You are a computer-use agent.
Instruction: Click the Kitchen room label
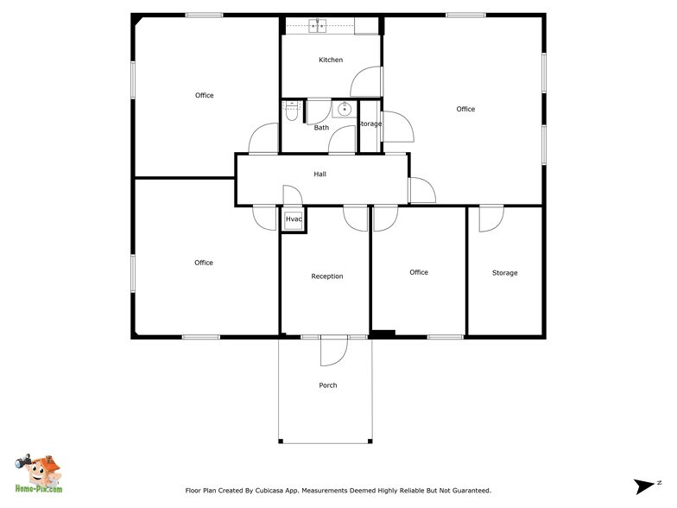coord(331,60)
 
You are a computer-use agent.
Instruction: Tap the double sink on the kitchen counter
coord(317,26)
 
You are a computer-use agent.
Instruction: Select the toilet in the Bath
coord(291,111)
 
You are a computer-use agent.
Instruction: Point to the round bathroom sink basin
coord(345,110)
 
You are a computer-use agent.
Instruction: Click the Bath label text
coord(321,128)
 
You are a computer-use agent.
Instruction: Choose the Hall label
coord(320,175)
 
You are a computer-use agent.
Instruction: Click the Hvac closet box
coord(294,220)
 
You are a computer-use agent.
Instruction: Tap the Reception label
coord(327,276)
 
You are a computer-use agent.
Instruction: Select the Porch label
coord(328,385)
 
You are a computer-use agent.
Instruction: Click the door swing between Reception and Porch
coord(332,351)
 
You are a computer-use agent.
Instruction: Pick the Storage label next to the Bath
coord(370,124)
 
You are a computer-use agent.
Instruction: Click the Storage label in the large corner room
coord(505,273)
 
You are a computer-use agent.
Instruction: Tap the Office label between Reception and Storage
coord(419,272)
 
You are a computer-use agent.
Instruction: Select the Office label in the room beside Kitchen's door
coord(465,109)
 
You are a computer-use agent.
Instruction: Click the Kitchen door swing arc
coord(366,82)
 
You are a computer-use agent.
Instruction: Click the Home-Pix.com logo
coord(38,475)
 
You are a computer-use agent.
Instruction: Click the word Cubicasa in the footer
coord(282,490)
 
